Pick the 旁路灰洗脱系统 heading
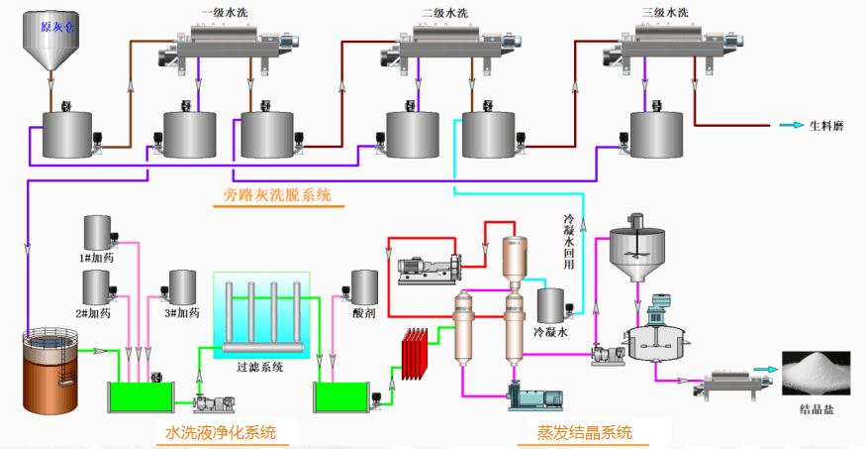pyautogui.click(x=278, y=196)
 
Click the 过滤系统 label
pyautogui.click(x=261, y=366)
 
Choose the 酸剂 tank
pyautogui.click(x=365, y=287)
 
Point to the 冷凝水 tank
pyautogui.click(x=551, y=306)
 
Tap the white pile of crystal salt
pyautogui.click(x=820, y=372)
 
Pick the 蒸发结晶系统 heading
pyautogui.click(x=584, y=432)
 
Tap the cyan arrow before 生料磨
pyautogui.click(x=790, y=125)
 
